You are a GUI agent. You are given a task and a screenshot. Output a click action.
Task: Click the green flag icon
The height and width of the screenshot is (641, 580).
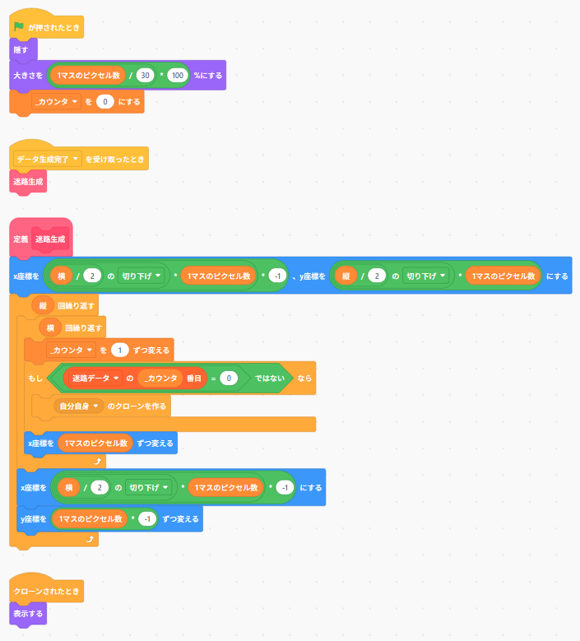pos(19,27)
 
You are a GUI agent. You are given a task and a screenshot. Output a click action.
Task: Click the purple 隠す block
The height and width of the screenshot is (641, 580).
pos(23,50)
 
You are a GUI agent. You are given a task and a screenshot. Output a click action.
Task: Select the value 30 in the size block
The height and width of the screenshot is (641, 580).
pos(145,75)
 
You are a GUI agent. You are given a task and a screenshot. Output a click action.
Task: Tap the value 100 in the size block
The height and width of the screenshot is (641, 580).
pos(178,75)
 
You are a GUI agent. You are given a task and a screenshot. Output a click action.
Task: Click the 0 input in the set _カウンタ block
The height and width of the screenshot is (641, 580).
pos(105,102)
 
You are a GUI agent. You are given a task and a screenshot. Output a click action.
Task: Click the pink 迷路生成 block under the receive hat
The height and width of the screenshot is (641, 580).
pos(28,182)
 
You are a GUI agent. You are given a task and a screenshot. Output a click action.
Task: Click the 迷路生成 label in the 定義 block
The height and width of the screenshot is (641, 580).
pos(50,239)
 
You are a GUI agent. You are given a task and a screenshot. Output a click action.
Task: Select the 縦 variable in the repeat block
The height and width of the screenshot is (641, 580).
pos(43,305)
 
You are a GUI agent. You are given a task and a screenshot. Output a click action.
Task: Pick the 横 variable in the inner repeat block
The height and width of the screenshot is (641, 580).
pos(50,327)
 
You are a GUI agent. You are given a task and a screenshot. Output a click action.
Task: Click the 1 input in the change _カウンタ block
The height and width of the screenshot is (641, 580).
pos(120,350)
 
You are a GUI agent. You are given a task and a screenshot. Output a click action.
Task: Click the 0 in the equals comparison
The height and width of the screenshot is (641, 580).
pos(229,379)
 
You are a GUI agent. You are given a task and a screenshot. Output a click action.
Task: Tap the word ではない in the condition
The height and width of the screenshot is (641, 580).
pos(270,379)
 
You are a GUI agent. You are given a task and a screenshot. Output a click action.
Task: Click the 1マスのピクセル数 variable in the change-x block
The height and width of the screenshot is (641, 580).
pos(95,444)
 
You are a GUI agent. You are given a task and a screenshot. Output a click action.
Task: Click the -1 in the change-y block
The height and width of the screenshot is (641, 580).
pos(147,518)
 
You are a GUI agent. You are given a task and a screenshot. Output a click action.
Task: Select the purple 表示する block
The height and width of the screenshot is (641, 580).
pos(28,614)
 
